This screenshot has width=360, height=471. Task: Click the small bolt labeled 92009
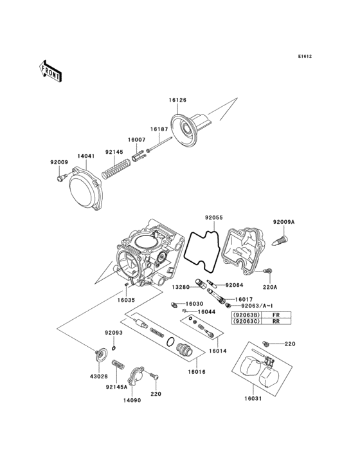tap(60, 174)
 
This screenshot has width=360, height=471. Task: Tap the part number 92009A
tap(283, 222)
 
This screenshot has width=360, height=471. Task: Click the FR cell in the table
tap(276, 315)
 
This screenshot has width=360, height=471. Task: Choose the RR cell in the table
tap(276, 322)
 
